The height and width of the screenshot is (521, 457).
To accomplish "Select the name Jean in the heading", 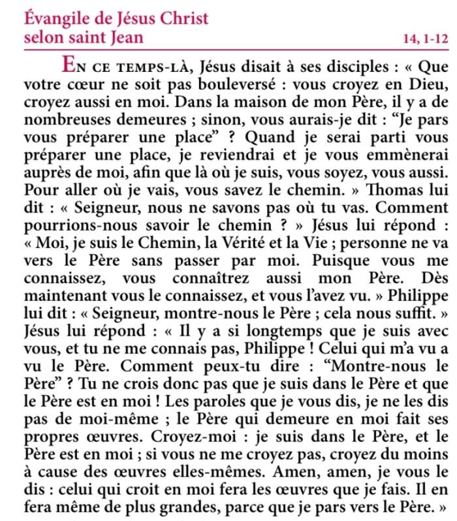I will pos(123,37).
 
